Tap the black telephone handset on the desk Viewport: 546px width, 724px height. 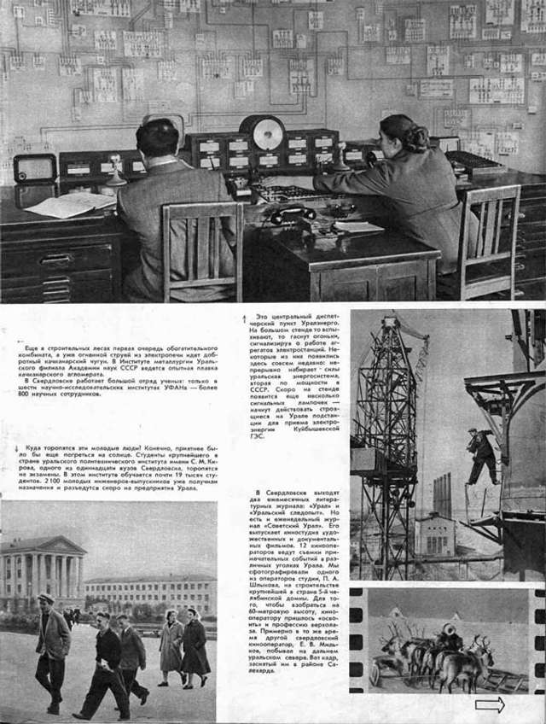click(286, 214)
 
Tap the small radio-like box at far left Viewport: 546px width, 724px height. click(35, 167)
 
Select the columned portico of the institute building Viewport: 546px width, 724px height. click(43, 572)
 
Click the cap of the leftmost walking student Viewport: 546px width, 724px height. click(48, 598)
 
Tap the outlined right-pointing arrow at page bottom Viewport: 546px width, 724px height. click(489, 704)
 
